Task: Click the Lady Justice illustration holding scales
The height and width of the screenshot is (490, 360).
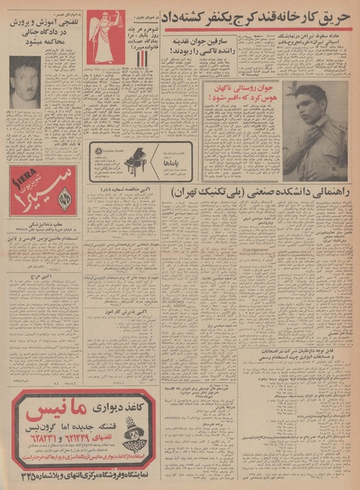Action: (107, 37)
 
